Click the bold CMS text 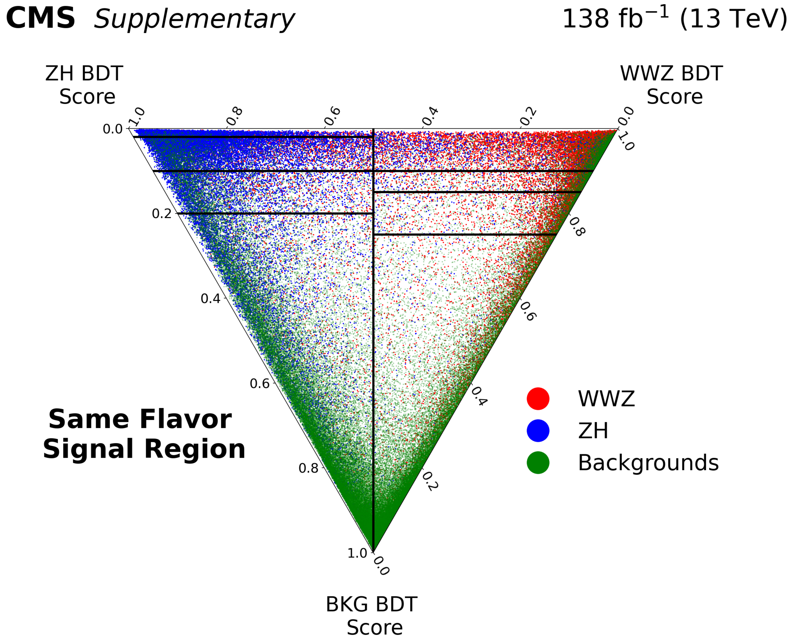pos(41,19)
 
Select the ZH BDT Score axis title pos(85,85)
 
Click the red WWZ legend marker pos(538,399)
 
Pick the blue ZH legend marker pos(538,431)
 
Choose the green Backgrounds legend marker pos(538,463)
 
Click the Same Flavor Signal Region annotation pos(144,434)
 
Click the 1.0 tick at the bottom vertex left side pos(357,553)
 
